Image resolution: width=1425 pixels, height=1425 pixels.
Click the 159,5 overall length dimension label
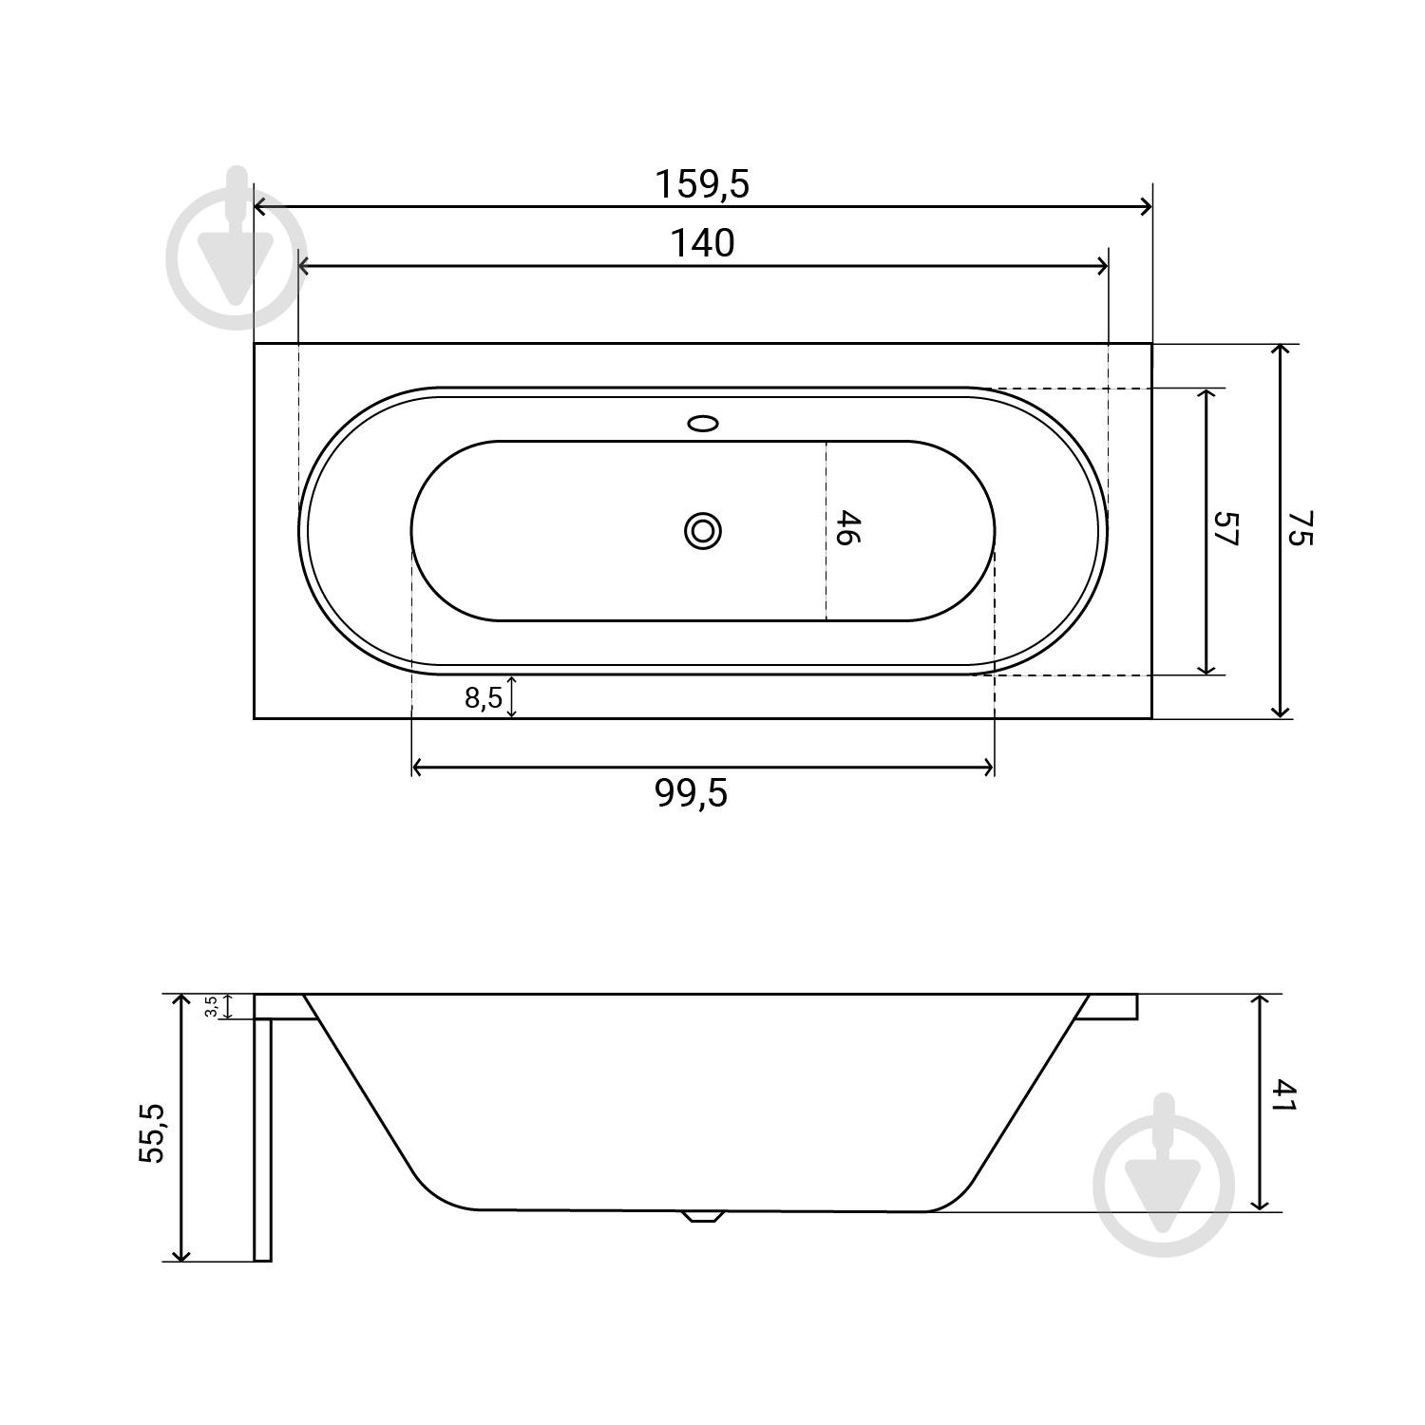pos(702,184)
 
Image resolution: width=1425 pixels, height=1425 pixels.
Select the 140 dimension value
pos(703,244)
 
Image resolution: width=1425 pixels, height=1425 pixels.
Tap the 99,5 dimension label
pos(692,793)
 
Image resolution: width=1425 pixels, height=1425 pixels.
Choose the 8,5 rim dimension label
pos(484,698)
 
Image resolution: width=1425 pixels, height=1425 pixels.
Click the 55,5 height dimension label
pos(152,1133)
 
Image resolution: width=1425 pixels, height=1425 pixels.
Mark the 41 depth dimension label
pos(1284,1094)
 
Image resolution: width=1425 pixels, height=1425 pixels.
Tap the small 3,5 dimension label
pos(211,1006)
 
